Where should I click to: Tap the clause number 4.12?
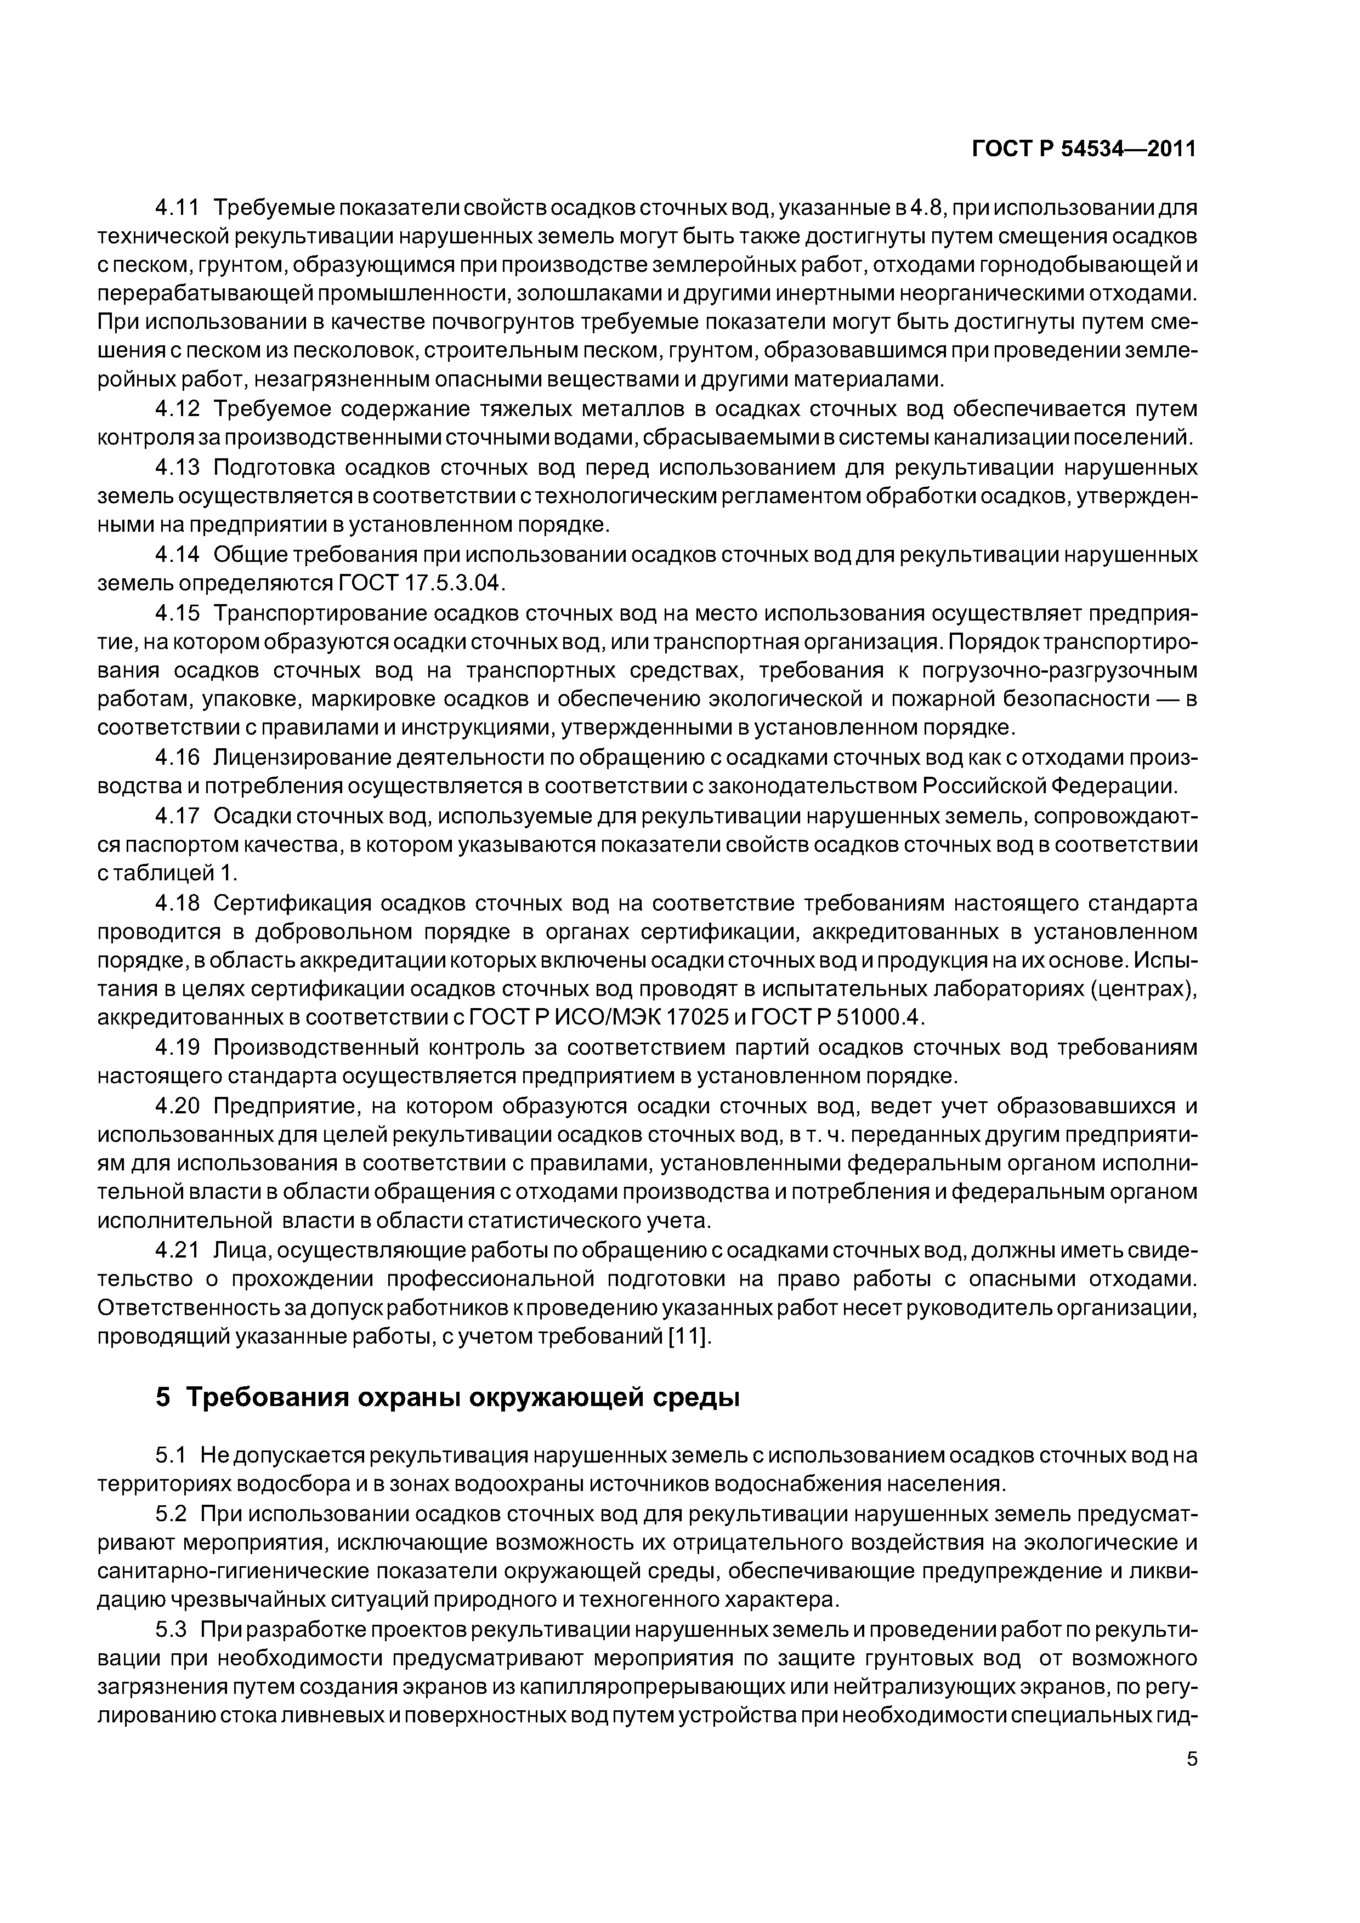(178, 409)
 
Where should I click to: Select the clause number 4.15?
(178, 613)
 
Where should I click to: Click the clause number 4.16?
(178, 757)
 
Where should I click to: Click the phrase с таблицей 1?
(168, 873)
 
